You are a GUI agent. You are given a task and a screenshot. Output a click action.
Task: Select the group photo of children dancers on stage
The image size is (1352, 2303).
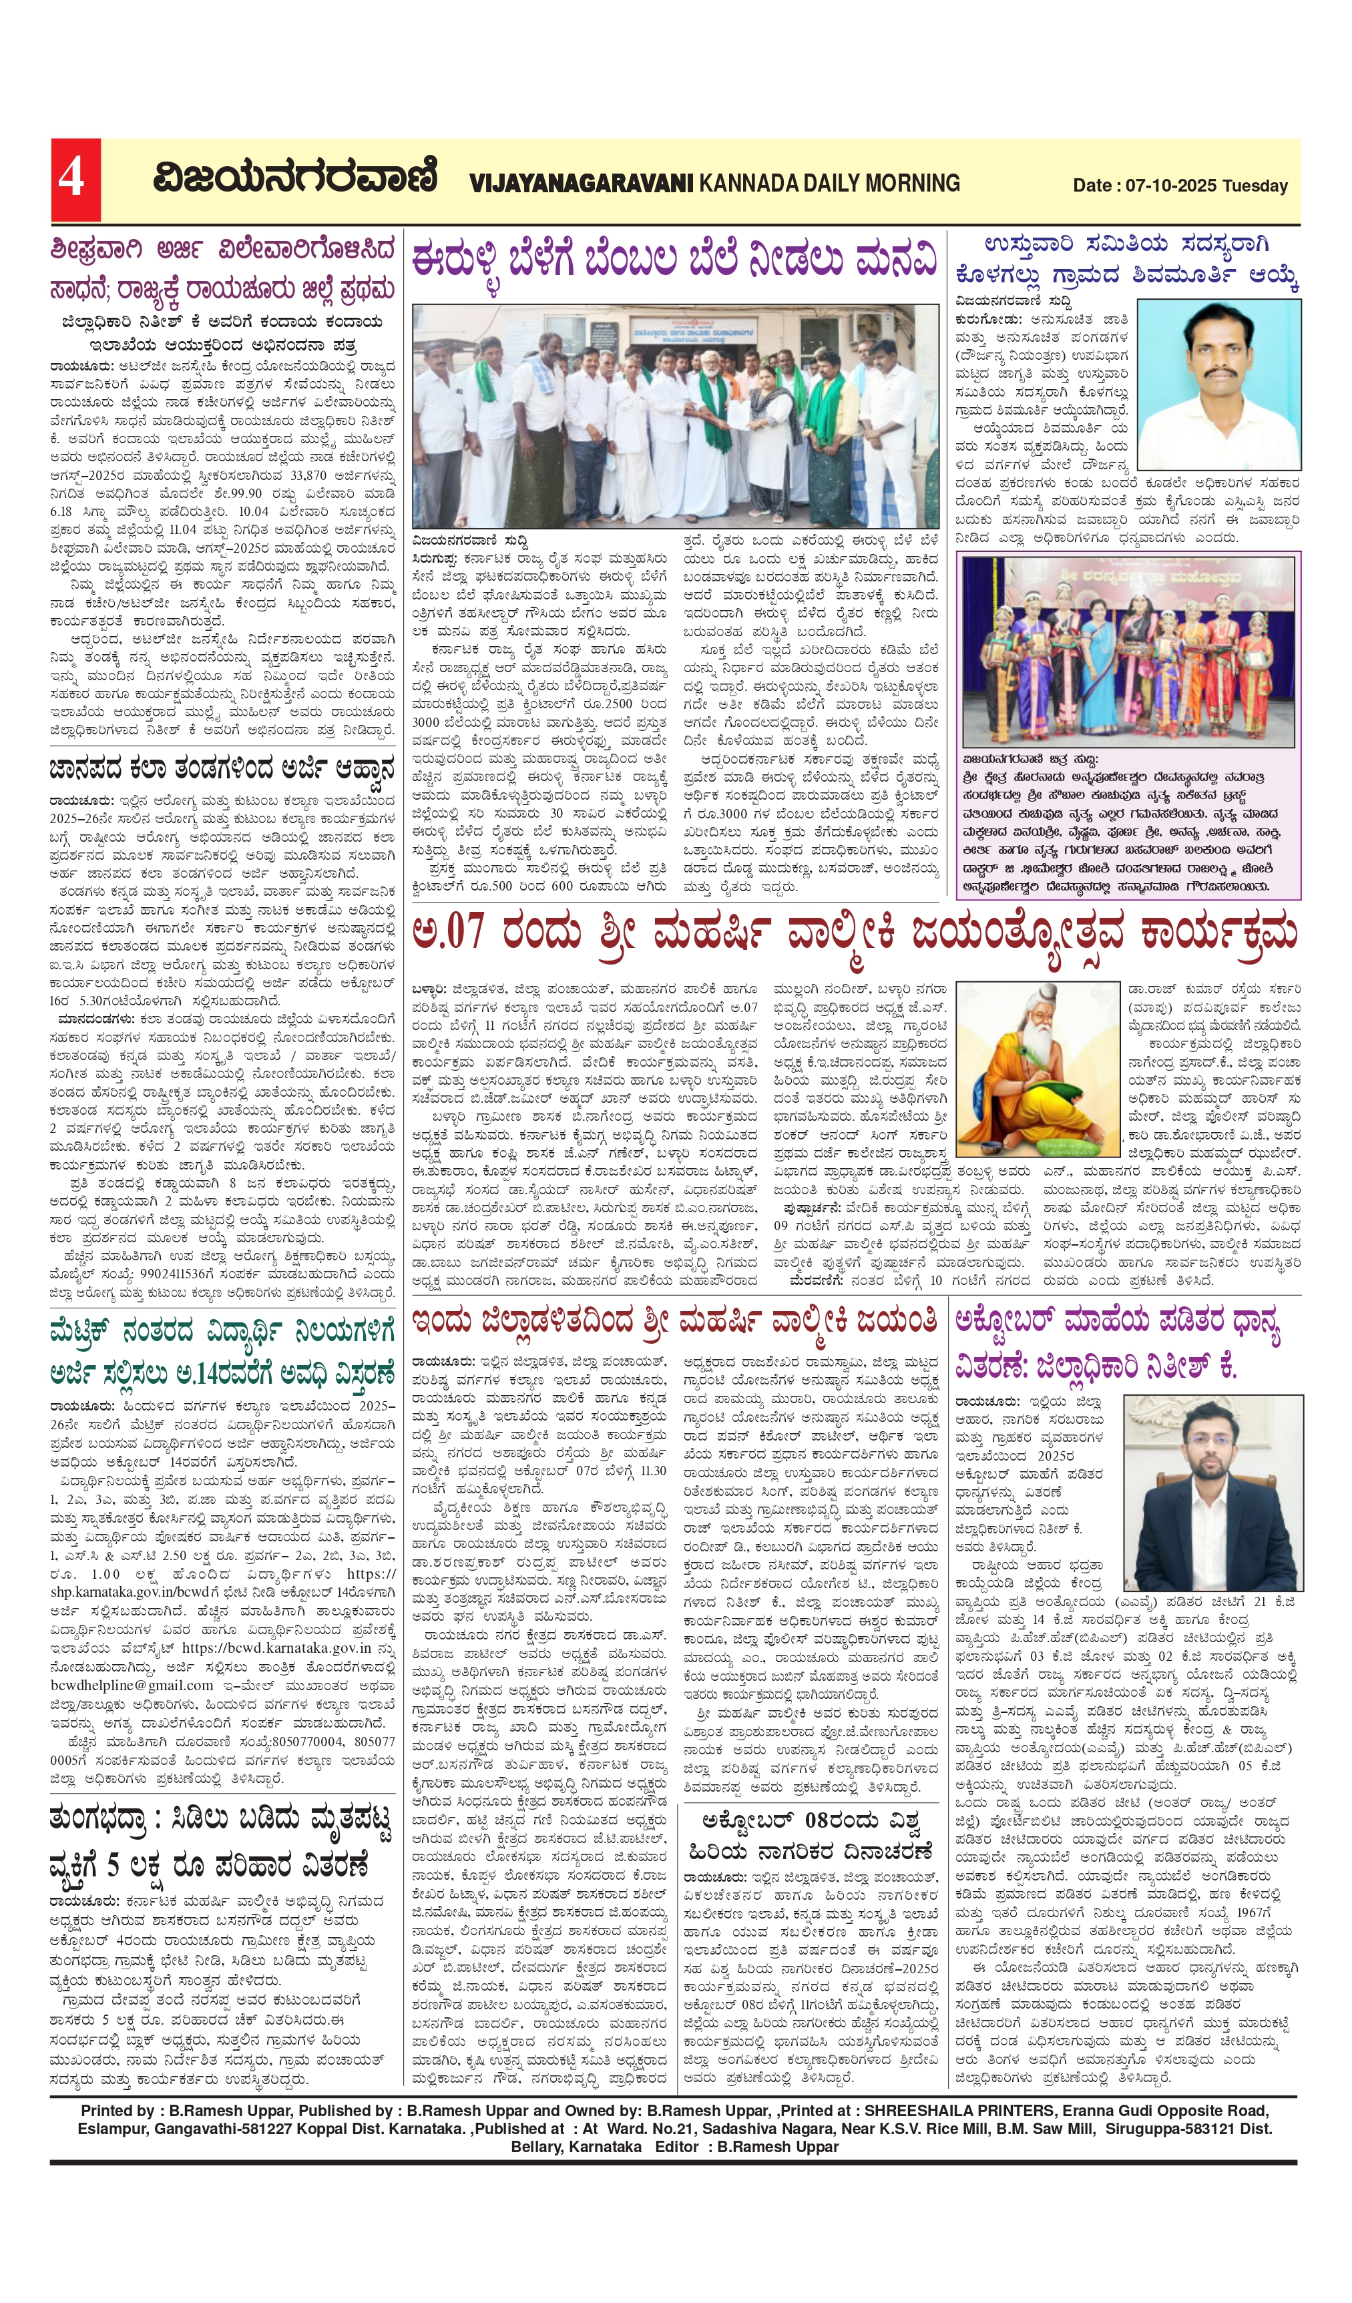click(x=1129, y=653)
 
